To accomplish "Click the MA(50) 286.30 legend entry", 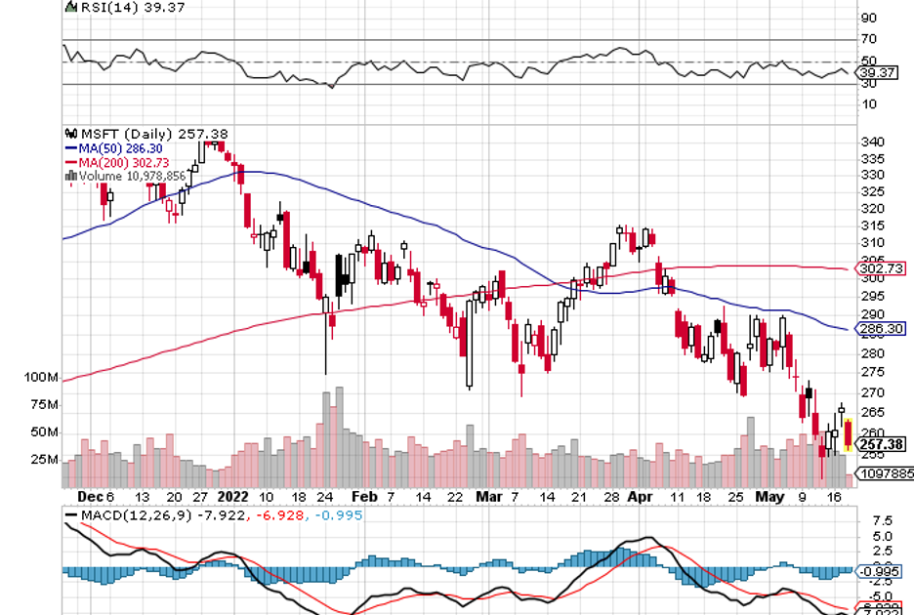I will (x=114, y=147).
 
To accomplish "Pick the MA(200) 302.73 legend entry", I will (x=117, y=161).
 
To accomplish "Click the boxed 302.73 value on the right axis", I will (x=880, y=268).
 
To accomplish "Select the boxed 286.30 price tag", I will (x=880, y=330).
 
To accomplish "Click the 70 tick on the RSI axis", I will (x=868, y=39).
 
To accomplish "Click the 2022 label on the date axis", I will (x=234, y=496).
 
